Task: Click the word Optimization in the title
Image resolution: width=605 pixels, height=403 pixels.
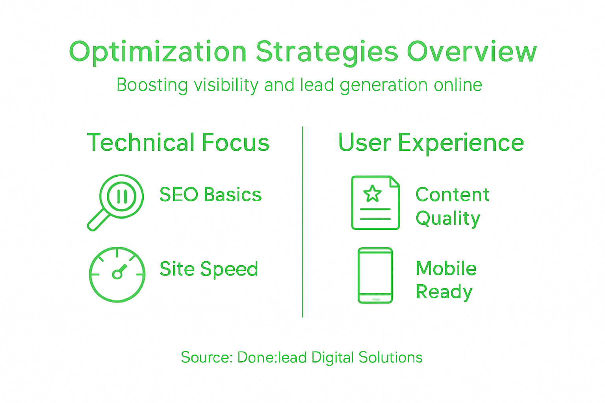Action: (158, 52)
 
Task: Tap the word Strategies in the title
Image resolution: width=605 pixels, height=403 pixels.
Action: (327, 52)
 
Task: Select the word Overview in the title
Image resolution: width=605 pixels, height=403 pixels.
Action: (471, 52)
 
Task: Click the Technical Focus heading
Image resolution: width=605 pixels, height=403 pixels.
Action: (178, 142)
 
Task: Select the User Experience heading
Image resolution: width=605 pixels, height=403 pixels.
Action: (431, 142)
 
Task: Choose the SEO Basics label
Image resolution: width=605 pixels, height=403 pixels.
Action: (210, 195)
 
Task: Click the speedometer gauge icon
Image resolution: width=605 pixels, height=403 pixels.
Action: (117, 275)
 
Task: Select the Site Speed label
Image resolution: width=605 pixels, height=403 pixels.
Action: (209, 270)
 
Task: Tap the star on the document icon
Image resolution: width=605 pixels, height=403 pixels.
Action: (372, 194)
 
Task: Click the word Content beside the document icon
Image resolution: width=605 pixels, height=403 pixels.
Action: (452, 195)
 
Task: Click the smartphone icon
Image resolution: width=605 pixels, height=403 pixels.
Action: (375, 275)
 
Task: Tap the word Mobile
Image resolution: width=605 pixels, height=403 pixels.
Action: (446, 269)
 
